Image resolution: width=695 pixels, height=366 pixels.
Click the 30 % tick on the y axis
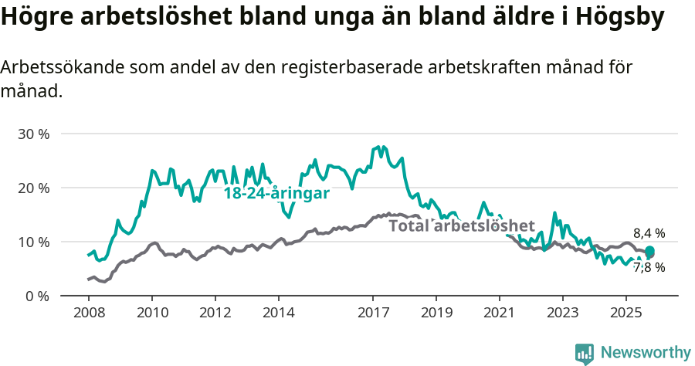click(x=33, y=134)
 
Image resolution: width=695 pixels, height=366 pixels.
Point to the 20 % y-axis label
click(x=33, y=188)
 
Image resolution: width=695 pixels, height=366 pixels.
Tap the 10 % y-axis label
click(x=33, y=242)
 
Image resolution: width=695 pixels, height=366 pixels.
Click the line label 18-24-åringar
click(x=276, y=194)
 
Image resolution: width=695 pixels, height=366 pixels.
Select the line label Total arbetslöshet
click(x=461, y=225)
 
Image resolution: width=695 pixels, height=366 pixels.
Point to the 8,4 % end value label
click(x=649, y=232)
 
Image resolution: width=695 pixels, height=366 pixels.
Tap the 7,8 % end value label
click(x=649, y=268)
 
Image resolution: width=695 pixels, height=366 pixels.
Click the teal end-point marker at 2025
click(x=649, y=251)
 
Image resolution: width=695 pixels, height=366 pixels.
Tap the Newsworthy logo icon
click(x=585, y=353)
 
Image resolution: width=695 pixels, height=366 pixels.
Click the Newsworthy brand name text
click(x=645, y=353)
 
